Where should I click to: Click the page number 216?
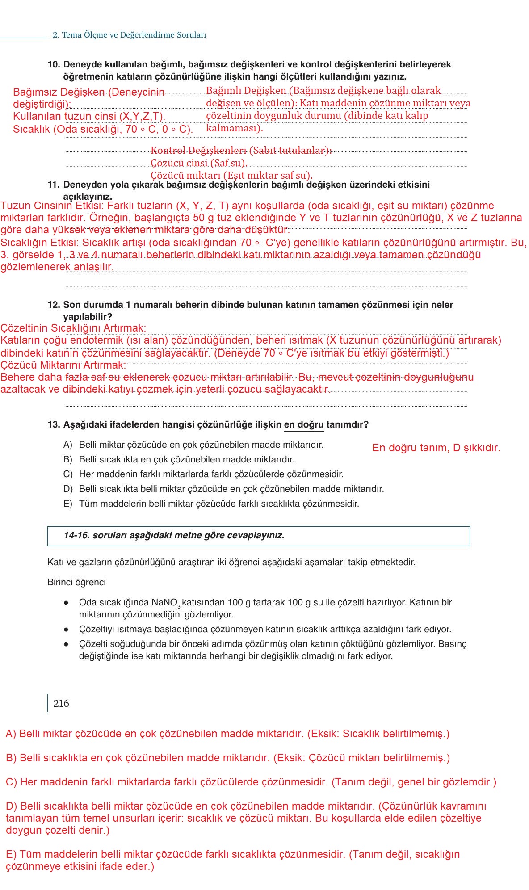61,704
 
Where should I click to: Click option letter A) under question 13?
67,445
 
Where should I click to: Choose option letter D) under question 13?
67,489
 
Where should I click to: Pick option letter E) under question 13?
67,504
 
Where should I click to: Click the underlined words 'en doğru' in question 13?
304,424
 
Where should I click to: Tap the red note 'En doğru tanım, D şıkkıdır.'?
436,448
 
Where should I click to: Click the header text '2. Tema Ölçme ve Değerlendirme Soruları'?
129,35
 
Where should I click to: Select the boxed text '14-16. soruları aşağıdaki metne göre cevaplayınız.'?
174,535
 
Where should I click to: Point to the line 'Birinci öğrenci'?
76,582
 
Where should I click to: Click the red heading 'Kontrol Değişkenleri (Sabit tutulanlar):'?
241,150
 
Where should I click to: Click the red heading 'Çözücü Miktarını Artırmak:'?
63,365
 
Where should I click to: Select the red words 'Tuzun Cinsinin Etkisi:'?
52,206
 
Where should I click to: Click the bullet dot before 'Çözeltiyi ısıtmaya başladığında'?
66,630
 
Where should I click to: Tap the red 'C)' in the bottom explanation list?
11,782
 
